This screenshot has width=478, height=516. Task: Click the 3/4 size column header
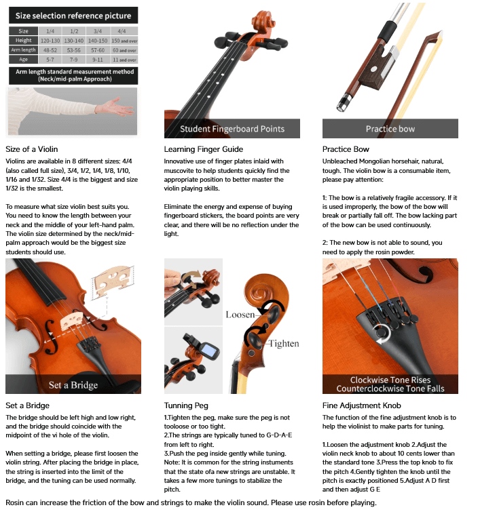(98, 31)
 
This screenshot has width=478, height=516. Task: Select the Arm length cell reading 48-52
(50, 50)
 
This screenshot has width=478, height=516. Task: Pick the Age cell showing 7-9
(74, 60)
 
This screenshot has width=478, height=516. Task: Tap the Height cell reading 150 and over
(124, 41)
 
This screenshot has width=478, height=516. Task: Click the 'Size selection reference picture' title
(73, 16)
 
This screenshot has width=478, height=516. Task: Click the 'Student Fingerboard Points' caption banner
(232, 129)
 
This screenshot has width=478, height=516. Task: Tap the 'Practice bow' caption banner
(390, 129)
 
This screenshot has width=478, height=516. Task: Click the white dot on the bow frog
(374, 69)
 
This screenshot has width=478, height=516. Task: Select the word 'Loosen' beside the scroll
(240, 315)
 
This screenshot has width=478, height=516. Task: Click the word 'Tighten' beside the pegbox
(284, 344)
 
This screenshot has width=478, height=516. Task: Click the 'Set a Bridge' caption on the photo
(73, 384)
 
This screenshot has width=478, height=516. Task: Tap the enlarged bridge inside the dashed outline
(112, 281)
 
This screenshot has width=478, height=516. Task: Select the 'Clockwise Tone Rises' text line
(390, 380)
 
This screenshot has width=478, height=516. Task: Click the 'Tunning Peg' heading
(186, 405)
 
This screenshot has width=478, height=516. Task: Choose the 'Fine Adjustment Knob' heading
(362, 405)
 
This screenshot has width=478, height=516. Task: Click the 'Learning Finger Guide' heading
(204, 149)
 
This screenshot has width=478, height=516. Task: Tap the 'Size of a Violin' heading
(32, 149)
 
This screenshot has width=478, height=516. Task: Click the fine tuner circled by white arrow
(382, 332)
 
